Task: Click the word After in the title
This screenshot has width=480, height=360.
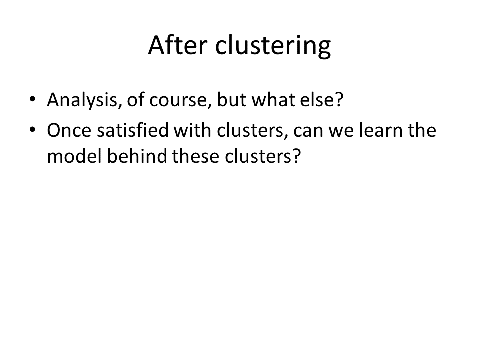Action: [178, 45]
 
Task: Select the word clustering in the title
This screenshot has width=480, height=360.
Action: [273, 46]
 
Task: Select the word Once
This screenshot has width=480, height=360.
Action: [69, 130]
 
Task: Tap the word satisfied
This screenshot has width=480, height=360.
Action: [133, 130]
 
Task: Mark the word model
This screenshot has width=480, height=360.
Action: [74, 156]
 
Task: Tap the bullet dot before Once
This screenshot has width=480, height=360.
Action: [32, 130]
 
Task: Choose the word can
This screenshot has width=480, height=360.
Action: [308, 131]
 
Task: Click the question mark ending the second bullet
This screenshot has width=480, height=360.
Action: [296, 156]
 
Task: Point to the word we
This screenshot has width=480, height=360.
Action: [341, 131]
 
